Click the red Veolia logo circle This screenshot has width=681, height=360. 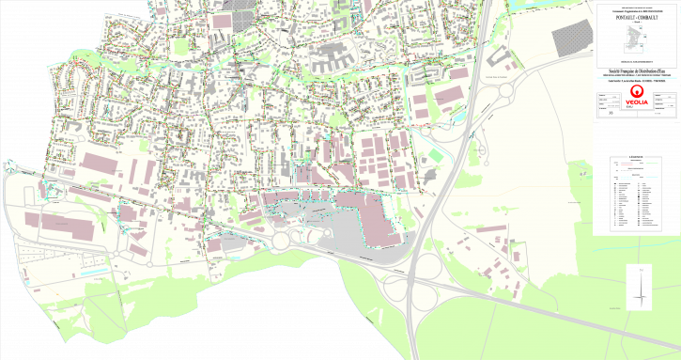pyautogui.click(x=637, y=91)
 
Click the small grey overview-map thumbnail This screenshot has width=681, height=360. pyautogui.click(x=637, y=40)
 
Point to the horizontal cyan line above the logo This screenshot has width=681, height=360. pyautogui.click(x=637, y=78)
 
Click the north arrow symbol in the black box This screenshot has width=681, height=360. pyautogui.click(x=640, y=288)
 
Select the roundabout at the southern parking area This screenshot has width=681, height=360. pyautogui.click(x=281, y=241)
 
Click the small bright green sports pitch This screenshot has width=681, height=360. pyautogui.click(x=436, y=154)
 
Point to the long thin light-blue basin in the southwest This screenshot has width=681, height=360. pyautogui.click(x=94, y=273)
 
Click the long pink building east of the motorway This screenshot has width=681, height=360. pyautogui.click(x=491, y=227)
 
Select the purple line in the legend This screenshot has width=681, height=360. pyautogui.click(x=627, y=164)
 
